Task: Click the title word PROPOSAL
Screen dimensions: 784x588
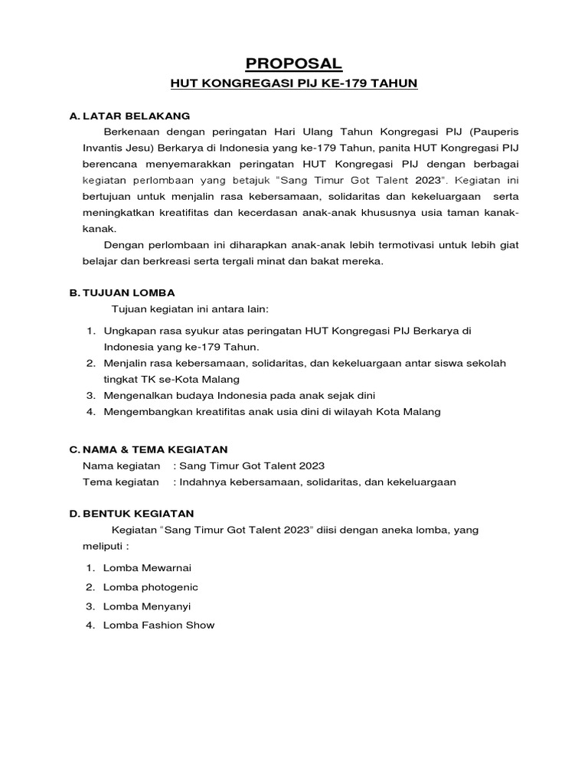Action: click(x=294, y=63)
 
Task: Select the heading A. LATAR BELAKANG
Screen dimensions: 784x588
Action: click(x=129, y=116)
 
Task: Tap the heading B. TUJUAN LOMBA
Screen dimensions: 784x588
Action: click(x=122, y=292)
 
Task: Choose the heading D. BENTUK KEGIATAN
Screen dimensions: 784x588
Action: click(x=132, y=513)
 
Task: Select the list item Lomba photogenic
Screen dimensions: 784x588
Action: click(x=152, y=586)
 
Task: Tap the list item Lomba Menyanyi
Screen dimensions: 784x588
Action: click(x=148, y=606)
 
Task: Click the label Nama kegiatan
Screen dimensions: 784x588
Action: click(x=121, y=465)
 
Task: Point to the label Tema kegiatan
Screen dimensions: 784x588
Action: click(x=121, y=482)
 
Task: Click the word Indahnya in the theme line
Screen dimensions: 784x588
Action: click(x=201, y=482)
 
